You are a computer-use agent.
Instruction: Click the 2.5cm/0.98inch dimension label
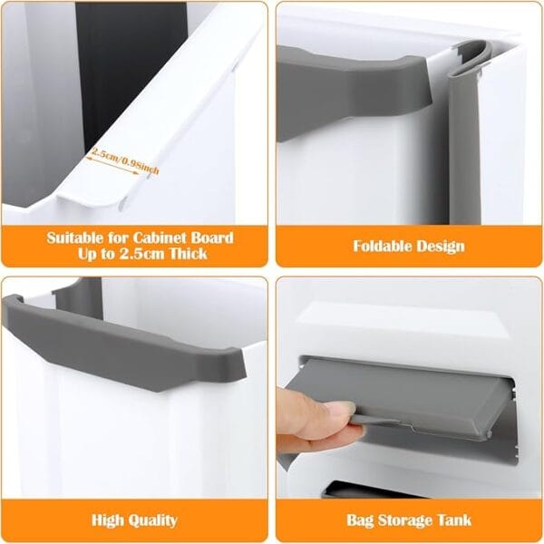click(x=126, y=160)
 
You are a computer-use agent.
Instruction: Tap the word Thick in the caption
click(x=189, y=254)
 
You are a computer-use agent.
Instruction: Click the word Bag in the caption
click(x=360, y=520)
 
